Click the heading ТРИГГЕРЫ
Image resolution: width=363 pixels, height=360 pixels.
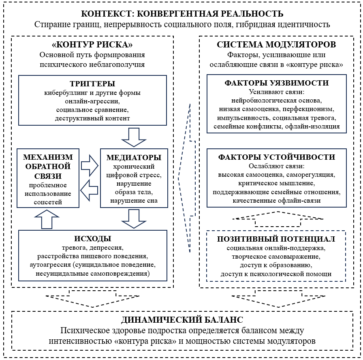click(x=92, y=84)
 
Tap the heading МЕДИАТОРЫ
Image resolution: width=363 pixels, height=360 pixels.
click(x=134, y=158)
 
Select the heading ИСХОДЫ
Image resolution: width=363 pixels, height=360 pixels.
click(x=93, y=239)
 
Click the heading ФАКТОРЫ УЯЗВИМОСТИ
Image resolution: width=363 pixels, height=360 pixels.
click(x=276, y=83)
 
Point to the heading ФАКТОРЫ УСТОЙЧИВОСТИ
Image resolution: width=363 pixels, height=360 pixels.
click(x=276, y=157)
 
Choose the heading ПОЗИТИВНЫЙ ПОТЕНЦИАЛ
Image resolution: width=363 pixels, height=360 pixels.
click(x=276, y=239)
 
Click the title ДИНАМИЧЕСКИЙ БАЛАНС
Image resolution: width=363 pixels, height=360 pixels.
click(x=182, y=320)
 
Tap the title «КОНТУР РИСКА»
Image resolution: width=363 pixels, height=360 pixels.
click(x=92, y=44)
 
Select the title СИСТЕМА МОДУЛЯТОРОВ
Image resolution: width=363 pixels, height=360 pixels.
click(x=276, y=44)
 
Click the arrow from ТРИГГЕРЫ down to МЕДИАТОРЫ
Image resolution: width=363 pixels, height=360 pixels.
click(x=134, y=137)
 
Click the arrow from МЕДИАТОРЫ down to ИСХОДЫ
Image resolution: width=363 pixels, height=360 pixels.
click(x=134, y=219)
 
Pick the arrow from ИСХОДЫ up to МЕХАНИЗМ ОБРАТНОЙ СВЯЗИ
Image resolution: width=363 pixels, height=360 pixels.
click(x=47, y=219)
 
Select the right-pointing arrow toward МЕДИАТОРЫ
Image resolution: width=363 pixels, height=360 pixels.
click(x=90, y=166)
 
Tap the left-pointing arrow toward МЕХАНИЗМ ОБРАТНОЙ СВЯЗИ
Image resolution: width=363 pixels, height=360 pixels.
click(x=89, y=190)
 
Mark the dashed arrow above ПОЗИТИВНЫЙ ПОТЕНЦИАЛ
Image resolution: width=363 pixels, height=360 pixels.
click(x=278, y=219)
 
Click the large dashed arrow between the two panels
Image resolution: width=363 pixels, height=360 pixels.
click(x=187, y=178)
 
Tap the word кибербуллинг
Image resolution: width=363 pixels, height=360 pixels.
click(x=66, y=93)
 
